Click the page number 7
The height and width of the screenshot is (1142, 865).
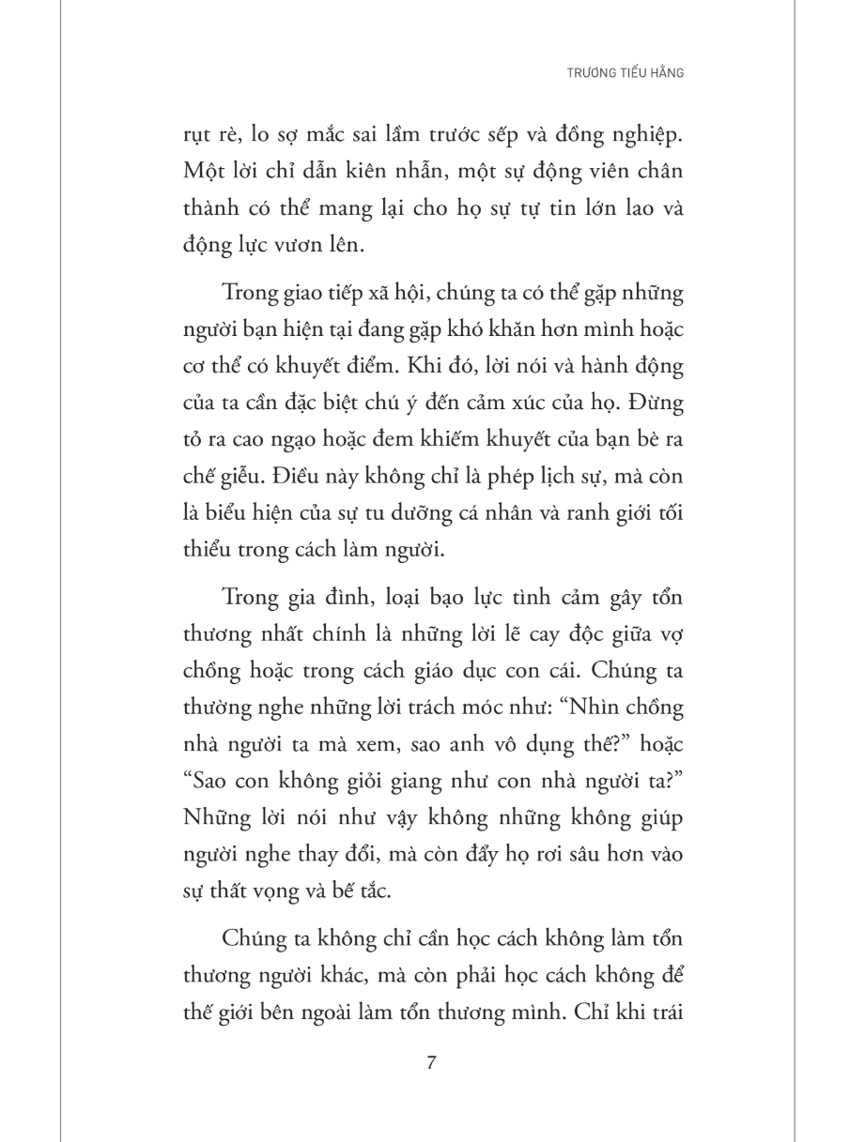[x=431, y=1063]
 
